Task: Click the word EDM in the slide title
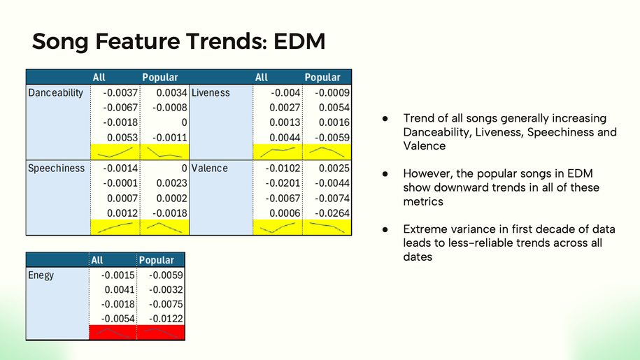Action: click(299, 41)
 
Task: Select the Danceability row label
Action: click(55, 92)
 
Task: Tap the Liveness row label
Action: click(211, 92)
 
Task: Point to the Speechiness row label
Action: click(57, 168)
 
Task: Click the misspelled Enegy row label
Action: click(41, 275)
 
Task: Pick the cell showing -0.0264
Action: click(332, 213)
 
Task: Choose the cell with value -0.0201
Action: click(283, 183)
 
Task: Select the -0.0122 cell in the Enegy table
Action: click(166, 319)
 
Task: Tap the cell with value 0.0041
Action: click(119, 290)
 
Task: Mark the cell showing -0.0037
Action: click(120, 93)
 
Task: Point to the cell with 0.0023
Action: click(171, 183)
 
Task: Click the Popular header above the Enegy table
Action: click(156, 260)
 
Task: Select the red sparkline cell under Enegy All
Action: click(113, 332)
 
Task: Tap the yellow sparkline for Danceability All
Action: click(115, 152)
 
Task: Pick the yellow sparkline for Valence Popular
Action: click(327, 227)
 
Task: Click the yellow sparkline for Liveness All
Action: click(278, 152)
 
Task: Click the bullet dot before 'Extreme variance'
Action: click(385, 229)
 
